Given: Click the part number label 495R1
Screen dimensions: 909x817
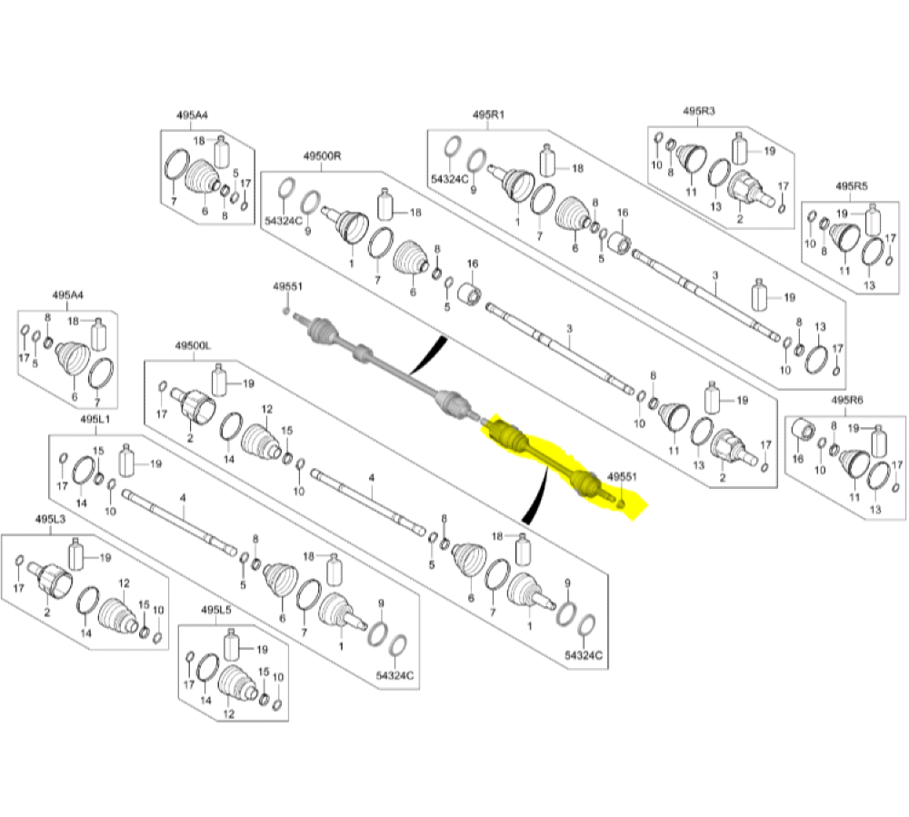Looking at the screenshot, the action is pos(488,115).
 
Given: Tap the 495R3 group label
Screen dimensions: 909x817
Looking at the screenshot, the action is pos(698,111).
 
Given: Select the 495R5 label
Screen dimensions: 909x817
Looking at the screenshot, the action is pos(852,186).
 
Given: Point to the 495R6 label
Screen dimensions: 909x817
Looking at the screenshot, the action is pos(847,401).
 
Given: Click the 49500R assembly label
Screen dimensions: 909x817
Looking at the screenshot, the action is pos(323,156).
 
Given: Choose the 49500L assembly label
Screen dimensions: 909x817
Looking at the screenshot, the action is pos(193,346).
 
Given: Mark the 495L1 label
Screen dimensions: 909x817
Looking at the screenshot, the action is pos(95,420).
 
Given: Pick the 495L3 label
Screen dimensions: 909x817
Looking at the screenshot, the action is pos(50,519).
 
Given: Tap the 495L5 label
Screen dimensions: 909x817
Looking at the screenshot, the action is pos(216,610).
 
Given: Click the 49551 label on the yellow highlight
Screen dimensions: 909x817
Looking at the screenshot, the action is pos(622,477).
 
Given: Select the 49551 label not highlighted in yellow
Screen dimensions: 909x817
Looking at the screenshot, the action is pos(287,286).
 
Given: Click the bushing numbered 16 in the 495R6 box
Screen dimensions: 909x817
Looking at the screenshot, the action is pos(804,430).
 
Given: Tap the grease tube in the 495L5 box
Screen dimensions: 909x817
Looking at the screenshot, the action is pos(231,644).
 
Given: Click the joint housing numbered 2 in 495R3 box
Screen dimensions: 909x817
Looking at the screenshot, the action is pos(748,189).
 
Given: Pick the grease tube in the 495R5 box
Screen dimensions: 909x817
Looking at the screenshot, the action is pos(873,219).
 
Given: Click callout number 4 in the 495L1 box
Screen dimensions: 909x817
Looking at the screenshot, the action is pos(184,498).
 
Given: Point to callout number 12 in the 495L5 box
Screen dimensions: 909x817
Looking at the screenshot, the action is pos(229,714).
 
